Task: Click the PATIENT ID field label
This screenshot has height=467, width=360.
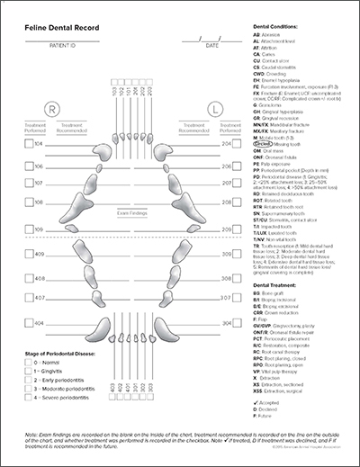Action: click(61, 44)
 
